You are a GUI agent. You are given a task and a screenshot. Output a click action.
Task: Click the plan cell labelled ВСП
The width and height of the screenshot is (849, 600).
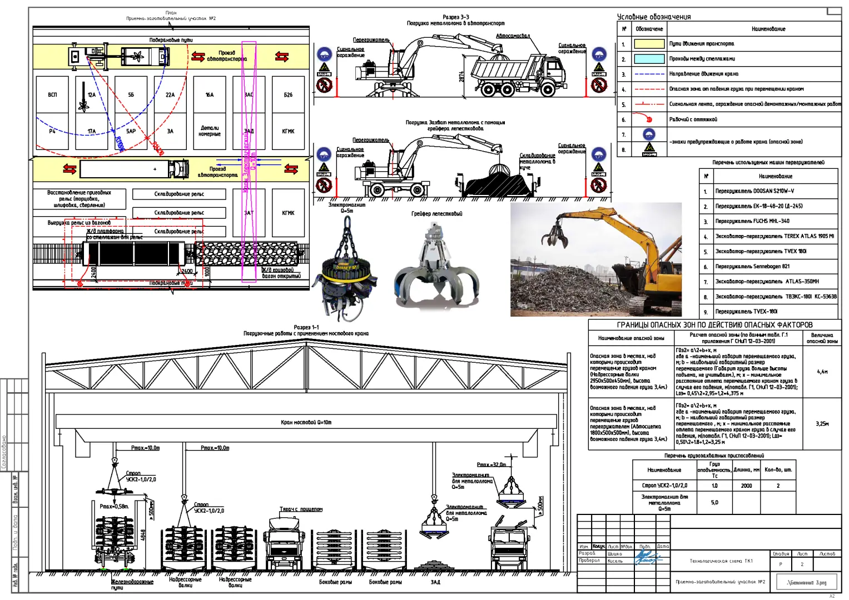coord(52,95)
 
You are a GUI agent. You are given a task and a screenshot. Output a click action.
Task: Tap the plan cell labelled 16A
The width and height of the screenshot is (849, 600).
coord(210,95)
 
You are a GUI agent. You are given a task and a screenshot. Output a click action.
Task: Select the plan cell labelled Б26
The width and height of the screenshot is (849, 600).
coord(288,95)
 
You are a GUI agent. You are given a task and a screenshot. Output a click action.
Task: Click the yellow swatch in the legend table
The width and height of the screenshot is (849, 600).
coord(649,44)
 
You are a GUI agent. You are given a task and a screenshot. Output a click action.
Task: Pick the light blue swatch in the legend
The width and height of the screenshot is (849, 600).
coord(649,59)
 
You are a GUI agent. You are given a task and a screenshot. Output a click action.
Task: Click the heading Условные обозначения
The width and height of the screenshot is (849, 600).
coord(653,17)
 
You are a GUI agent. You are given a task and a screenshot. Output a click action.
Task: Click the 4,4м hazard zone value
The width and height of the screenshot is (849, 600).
coord(822,372)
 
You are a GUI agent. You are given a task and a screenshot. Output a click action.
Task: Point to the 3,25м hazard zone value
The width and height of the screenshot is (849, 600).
coord(822,424)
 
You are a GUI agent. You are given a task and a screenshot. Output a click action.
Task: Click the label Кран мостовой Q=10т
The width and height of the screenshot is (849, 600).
coord(306,422)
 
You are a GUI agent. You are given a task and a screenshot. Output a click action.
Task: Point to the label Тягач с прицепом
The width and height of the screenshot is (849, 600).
coord(301,509)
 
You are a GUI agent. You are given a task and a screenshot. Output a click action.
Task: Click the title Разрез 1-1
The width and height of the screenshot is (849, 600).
coord(306,327)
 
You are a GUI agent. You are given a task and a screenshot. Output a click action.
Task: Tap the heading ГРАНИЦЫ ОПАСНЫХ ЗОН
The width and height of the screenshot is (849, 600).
coord(714,325)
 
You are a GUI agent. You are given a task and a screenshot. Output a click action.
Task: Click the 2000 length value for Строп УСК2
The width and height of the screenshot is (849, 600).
coord(746,486)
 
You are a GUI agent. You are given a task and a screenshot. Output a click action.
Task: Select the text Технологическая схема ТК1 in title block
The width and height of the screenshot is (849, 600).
coord(721,561)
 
